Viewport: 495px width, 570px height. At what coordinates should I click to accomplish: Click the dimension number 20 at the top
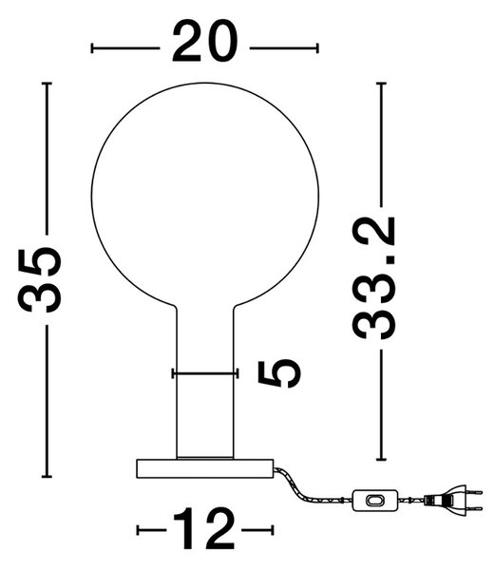pyautogui.click(x=204, y=42)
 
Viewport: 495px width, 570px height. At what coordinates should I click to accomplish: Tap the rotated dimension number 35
pyautogui.click(x=40, y=280)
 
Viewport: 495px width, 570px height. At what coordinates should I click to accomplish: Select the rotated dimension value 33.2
pyautogui.click(x=373, y=278)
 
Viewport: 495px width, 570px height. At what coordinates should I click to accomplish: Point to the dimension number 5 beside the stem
pyautogui.click(x=279, y=373)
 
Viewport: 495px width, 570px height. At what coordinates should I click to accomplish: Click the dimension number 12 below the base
pyautogui.click(x=204, y=528)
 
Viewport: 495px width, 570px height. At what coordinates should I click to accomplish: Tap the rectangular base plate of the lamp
pyautogui.click(x=205, y=468)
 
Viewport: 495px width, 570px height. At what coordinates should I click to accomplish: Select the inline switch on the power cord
pyautogui.click(x=375, y=501)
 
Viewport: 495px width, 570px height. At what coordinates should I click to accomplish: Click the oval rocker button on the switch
pyautogui.click(x=375, y=501)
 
